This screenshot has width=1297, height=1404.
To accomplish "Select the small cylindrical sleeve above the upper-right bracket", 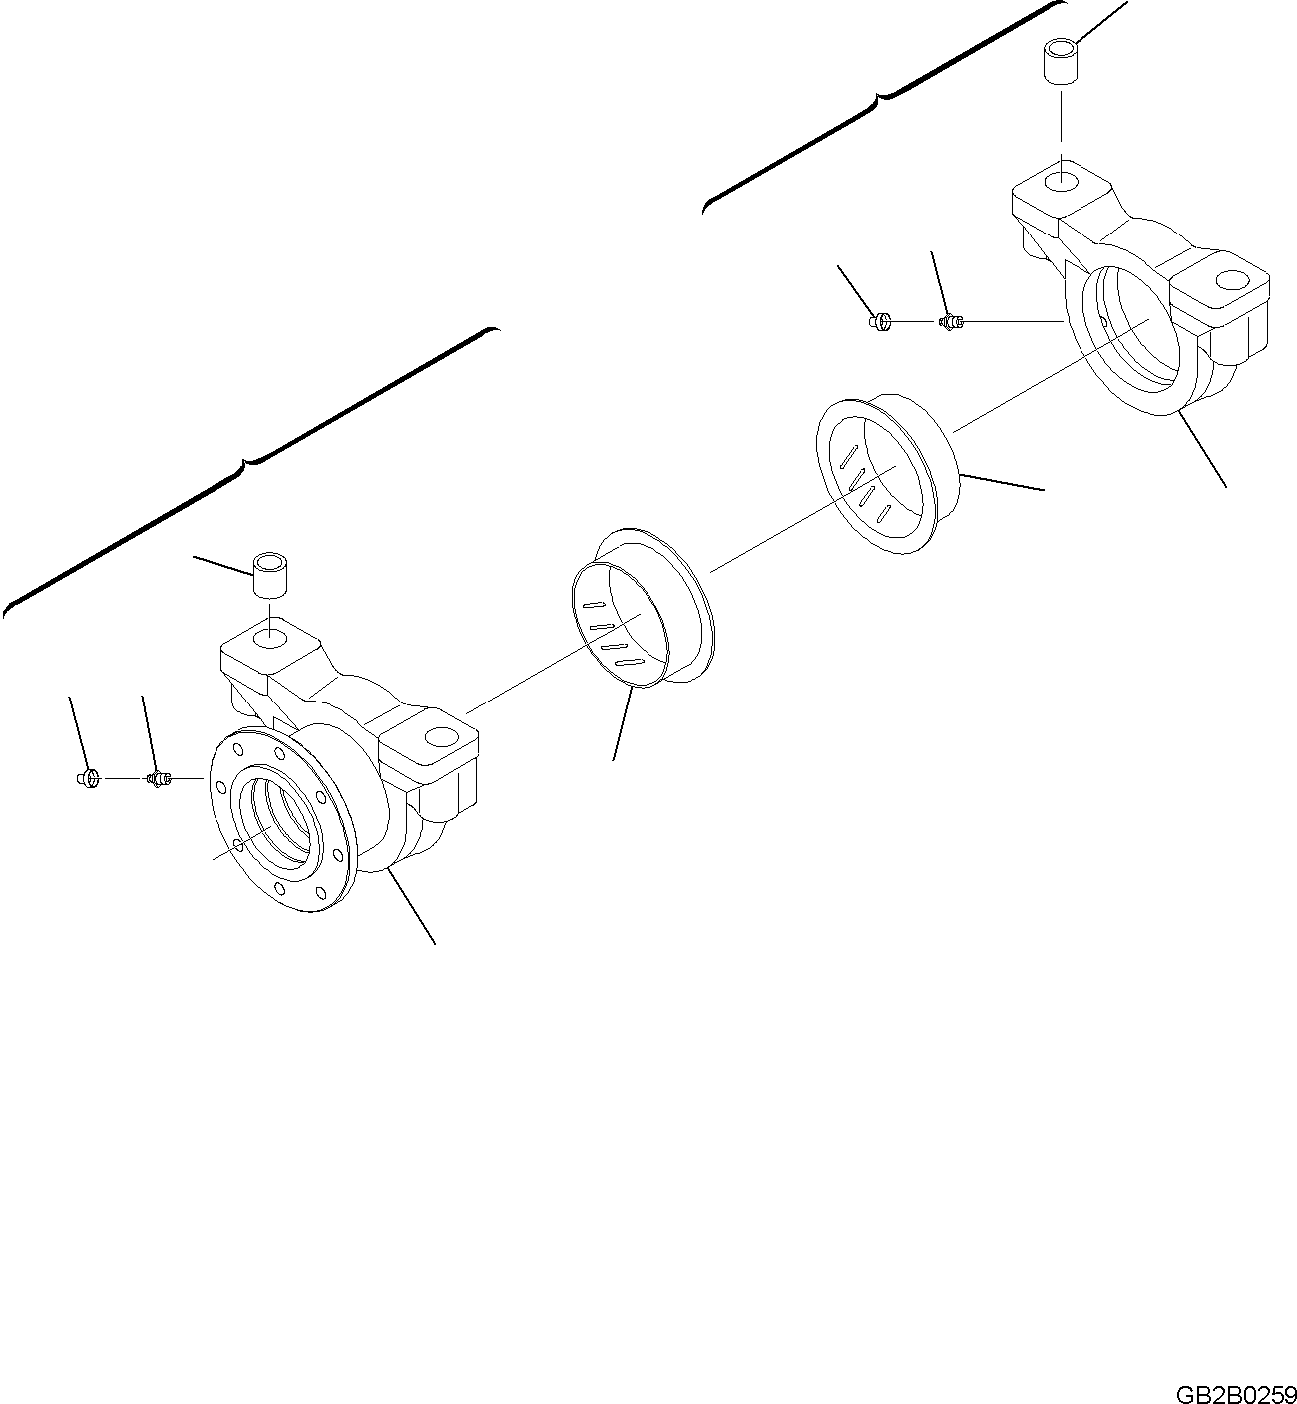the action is coord(1061,63).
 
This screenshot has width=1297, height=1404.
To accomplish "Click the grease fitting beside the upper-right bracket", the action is coord(952,322).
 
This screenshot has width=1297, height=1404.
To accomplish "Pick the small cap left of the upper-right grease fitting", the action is coord(881,322).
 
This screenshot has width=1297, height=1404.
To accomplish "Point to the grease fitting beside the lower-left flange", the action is coord(159,779).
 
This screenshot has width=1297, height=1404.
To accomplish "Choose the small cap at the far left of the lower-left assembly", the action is coord(88,779).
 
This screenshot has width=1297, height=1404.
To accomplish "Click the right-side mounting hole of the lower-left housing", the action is coord(442,738).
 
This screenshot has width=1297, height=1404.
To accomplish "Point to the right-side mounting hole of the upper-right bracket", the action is coord(1233,280).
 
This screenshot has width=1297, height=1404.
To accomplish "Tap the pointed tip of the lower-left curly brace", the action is coord(244,461).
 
